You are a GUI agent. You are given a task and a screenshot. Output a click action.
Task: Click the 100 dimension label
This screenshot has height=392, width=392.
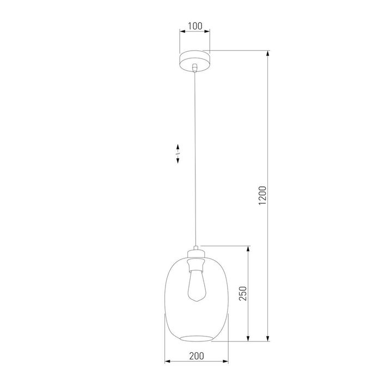click(194, 26)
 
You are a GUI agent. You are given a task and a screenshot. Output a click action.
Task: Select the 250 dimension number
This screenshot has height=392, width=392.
click(243, 293)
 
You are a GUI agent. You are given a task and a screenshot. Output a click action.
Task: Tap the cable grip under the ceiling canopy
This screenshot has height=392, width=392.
click(194, 68)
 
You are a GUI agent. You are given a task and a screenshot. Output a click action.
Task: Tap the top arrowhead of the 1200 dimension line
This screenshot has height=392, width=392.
click(268, 54)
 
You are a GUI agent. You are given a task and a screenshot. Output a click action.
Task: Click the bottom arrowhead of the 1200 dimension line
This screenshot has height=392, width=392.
click(268, 339)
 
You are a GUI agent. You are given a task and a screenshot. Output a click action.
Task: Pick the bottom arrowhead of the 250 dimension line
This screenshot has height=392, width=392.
click(249, 339)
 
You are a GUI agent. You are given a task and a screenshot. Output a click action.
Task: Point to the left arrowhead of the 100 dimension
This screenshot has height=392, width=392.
click(182, 32)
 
